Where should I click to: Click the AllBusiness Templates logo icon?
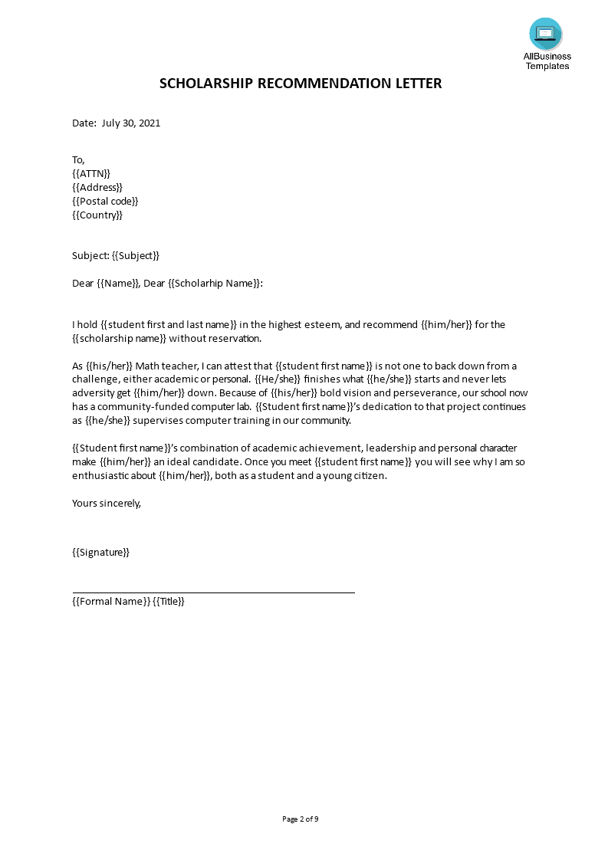[545, 34]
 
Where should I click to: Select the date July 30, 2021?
[131, 123]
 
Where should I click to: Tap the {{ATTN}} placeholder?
[91, 173]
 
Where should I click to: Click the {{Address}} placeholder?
[97, 187]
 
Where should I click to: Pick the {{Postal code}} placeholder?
[105, 201]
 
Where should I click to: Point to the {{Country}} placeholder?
[97, 215]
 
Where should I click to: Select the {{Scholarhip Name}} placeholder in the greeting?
[215, 283]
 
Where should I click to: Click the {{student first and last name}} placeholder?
[169, 324]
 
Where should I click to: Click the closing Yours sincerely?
[107, 504]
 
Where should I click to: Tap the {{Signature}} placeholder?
[100, 552]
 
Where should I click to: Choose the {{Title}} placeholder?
[169, 602]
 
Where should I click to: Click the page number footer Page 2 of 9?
[301, 819]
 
